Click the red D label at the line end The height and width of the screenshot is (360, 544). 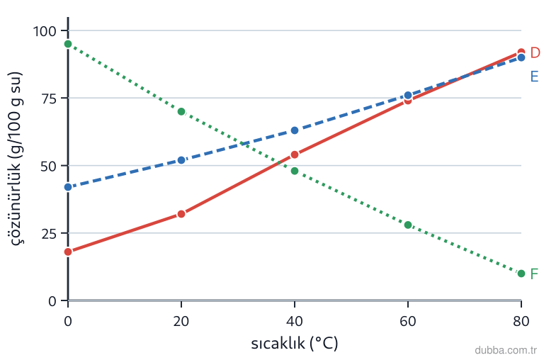(x=535, y=52)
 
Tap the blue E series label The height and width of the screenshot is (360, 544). (x=534, y=77)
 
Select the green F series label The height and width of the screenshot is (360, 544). (x=534, y=274)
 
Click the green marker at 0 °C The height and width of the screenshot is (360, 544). (x=68, y=44)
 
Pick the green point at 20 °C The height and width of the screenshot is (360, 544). (x=181, y=111)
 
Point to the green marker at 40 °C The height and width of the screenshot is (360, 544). (x=295, y=171)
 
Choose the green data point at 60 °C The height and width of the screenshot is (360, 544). (x=408, y=225)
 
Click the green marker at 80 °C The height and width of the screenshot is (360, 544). (x=521, y=274)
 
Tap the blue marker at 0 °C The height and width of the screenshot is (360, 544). (x=68, y=187)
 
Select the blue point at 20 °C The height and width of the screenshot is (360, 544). (x=181, y=160)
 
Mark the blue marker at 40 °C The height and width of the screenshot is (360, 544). (x=295, y=130)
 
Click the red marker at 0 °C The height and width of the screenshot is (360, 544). (x=68, y=252)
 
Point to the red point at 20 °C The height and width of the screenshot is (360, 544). (x=181, y=214)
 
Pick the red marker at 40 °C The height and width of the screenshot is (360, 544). (x=295, y=154)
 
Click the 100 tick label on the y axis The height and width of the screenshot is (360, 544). (x=45, y=31)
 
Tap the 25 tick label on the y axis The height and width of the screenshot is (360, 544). (x=49, y=234)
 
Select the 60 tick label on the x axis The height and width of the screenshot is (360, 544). (x=408, y=321)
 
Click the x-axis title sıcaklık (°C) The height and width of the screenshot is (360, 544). (x=295, y=344)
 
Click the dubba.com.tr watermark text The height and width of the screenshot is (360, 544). (x=506, y=350)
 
